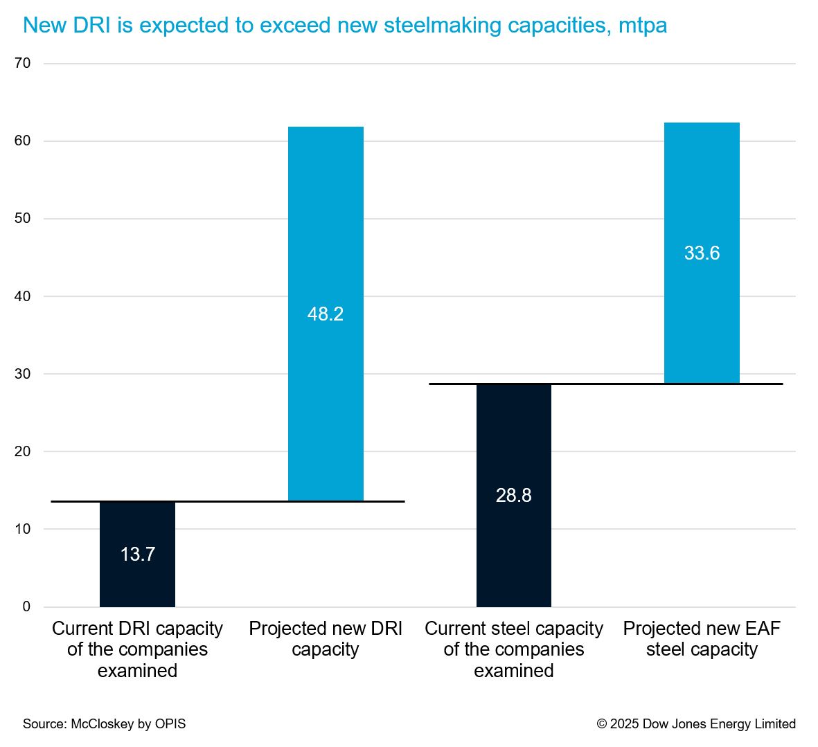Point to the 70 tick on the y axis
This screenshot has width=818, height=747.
tap(23, 63)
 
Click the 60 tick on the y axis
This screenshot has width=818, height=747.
tap(23, 141)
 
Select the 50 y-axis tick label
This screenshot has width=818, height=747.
tap(23, 218)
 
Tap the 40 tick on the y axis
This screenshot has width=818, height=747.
tap(23, 296)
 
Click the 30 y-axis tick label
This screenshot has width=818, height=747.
tap(23, 374)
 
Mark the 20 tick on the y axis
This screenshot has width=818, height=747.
tap(23, 451)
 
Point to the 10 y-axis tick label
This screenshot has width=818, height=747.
tap(23, 529)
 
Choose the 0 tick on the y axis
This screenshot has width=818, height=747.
tap(27, 606)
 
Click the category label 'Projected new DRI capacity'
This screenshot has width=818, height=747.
tap(326, 639)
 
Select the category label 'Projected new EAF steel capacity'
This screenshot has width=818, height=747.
tap(702, 639)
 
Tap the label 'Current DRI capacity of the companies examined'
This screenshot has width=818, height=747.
tap(137, 649)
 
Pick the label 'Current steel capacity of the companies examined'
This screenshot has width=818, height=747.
tap(514, 649)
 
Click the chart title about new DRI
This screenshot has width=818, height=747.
tap(345, 26)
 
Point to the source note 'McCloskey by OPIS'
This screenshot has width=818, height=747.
tap(105, 724)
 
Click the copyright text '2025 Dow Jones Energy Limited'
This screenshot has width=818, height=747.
tap(696, 724)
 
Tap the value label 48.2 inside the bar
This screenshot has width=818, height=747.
tap(326, 314)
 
